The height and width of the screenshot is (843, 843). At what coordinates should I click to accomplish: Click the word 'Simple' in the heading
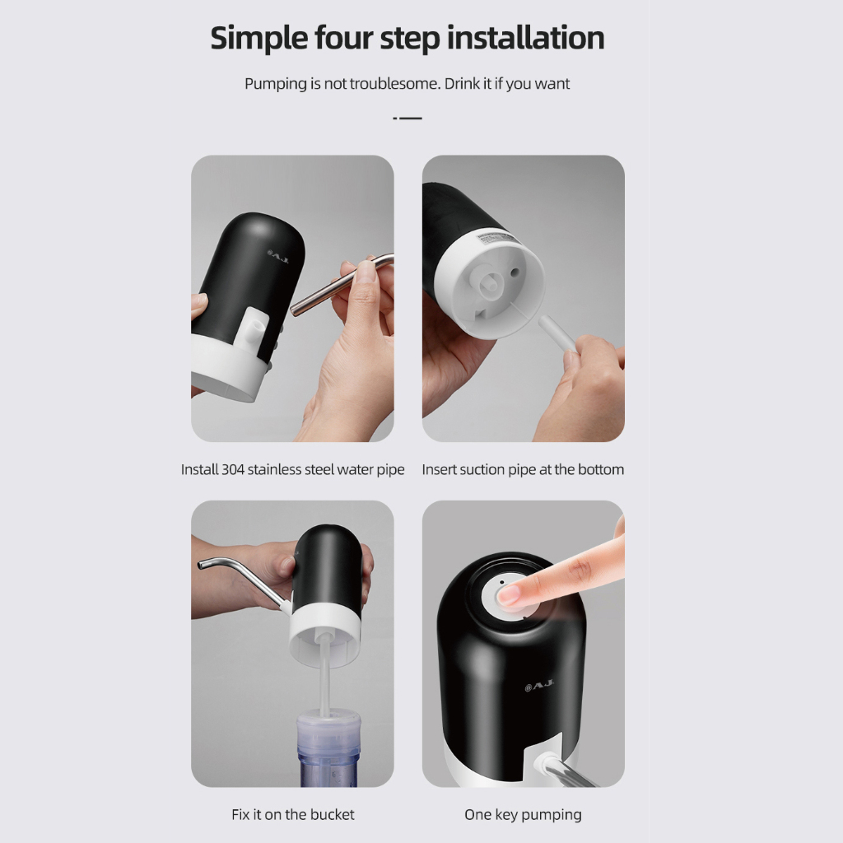pos(258,38)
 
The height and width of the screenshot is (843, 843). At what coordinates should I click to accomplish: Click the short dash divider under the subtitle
pos(408,118)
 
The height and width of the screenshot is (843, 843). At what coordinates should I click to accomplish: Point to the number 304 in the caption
pos(233,469)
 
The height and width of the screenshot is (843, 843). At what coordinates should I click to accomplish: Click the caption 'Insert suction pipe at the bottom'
pos(523,469)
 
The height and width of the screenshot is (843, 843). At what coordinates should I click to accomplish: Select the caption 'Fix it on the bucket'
pos(293,814)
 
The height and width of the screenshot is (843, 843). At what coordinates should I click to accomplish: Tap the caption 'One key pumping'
pos(523,815)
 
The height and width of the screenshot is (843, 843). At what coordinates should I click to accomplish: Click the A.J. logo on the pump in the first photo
pos(278,257)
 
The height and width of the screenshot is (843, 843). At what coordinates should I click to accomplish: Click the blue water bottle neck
pos(328,748)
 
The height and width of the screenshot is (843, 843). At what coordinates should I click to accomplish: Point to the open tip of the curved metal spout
pos(201,565)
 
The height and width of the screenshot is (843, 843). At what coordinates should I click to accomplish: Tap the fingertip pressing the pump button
pos(508,595)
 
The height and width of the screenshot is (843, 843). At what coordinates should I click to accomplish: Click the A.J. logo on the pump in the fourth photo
pos(538,686)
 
